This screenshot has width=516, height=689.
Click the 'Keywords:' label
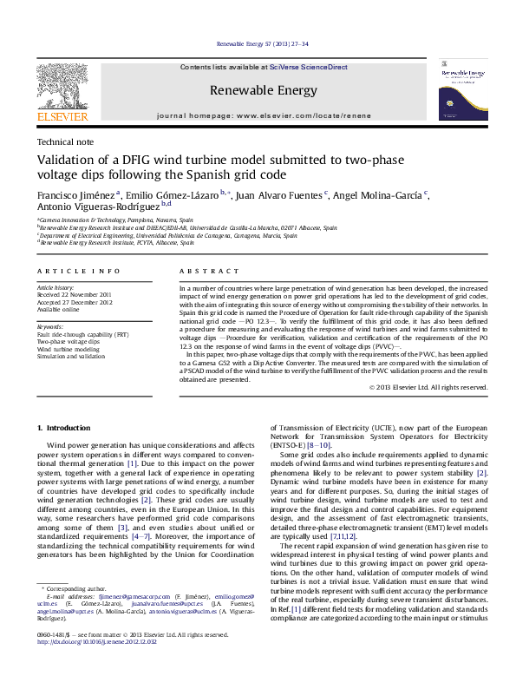click(x=51, y=326)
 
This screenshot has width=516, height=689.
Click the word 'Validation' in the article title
click(x=69, y=161)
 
